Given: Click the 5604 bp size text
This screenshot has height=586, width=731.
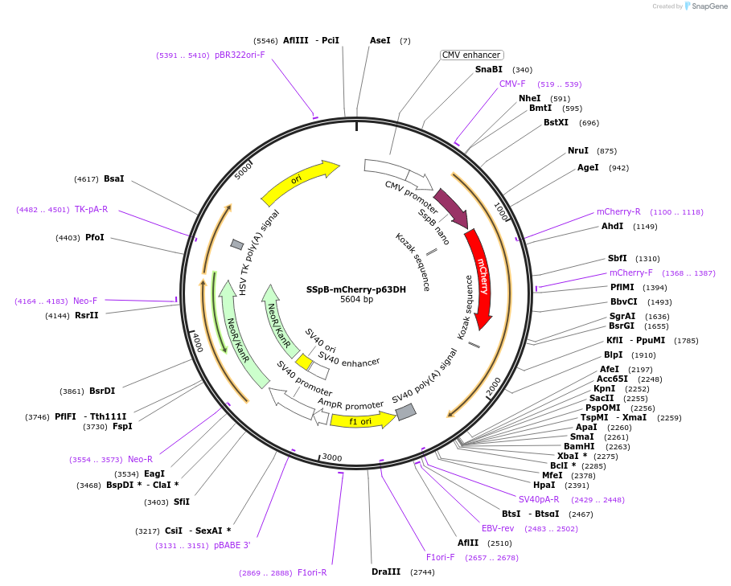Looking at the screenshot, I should [356, 300].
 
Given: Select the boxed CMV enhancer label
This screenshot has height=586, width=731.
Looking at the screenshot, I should [471, 55].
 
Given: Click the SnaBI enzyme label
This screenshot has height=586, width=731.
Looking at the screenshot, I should [488, 69].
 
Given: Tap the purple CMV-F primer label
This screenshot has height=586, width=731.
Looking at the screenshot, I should [512, 84].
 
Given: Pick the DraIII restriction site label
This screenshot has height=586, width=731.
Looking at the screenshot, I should [386, 572].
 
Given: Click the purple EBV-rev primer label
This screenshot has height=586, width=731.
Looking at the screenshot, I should [498, 528].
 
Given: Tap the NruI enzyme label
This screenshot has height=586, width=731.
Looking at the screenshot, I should [578, 150].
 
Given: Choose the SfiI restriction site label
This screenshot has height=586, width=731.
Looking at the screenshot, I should [182, 502].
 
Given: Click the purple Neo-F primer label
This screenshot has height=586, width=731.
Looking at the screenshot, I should [85, 301].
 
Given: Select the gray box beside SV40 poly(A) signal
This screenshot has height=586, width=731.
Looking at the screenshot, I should [406, 412].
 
